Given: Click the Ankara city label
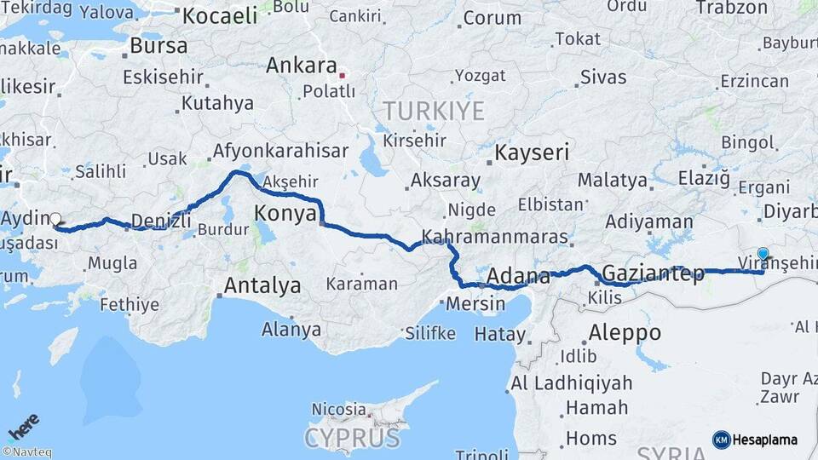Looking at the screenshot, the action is click(302, 66).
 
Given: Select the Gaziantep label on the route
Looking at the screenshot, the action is click(653, 274).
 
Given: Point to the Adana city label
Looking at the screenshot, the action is click(518, 277).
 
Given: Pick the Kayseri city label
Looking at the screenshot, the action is click(532, 153).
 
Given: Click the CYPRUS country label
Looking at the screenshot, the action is click(353, 438).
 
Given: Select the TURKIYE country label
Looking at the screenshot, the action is click(434, 111).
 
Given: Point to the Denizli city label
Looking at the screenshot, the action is click(161, 221).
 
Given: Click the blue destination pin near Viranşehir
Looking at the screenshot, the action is click(763, 254).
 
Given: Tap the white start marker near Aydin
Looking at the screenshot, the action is click(55, 218).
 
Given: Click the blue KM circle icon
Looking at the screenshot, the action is click(721, 440).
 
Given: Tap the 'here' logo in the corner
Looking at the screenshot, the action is click(24, 423).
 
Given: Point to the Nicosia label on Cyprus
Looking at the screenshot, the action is click(338, 409).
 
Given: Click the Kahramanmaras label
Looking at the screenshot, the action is click(494, 236).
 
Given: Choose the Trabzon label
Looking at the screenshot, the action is click(732, 8).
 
